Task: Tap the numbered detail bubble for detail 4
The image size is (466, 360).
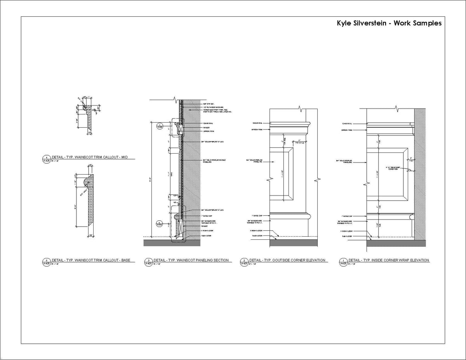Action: coord(46,157)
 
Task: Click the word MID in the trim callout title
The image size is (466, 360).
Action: coord(123,157)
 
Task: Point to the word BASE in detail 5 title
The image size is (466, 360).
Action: coord(125,260)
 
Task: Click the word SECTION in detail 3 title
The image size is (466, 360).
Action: coord(221,260)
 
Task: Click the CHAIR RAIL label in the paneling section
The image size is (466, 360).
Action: coord(208,123)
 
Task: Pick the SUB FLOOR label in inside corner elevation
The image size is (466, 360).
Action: coord(347,236)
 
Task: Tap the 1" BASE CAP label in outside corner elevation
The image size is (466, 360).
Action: coord(258,216)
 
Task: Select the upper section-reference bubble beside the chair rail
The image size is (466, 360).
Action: coord(160,126)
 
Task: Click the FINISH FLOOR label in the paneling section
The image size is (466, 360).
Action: coord(207,230)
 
